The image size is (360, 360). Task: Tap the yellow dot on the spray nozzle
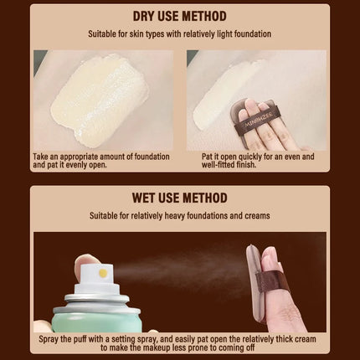(103, 273)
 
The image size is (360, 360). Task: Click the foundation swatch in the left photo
(100, 100)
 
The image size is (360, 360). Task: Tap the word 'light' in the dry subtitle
(224, 34)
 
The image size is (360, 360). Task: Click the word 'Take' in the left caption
(40, 157)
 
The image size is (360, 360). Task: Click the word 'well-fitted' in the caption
(218, 165)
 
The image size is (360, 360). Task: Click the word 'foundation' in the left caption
(152, 157)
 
